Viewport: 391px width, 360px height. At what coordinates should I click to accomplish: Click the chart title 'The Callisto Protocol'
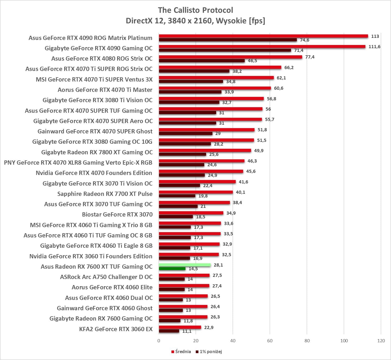tap(195, 10)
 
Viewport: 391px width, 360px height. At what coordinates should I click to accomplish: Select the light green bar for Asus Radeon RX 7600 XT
tap(185, 265)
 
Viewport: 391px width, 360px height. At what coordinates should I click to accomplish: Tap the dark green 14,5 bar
tap(172, 269)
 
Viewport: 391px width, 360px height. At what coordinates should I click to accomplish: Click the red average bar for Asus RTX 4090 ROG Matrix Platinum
tap(263, 36)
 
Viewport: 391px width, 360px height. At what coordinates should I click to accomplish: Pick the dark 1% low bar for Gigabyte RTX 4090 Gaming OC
tap(225, 50)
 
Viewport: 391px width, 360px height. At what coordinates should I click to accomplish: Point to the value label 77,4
tap(310, 57)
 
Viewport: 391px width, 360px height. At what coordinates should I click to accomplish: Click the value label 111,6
tap(374, 47)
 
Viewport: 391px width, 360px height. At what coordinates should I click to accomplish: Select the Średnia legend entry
tap(181, 352)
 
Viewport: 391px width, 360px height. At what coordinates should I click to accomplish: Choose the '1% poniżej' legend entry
tap(209, 352)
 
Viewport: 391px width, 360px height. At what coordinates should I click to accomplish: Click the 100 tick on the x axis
tap(344, 341)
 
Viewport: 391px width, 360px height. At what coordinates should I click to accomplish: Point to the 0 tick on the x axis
tap(159, 341)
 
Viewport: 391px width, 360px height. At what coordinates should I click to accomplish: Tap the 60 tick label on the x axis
tap(270, 341)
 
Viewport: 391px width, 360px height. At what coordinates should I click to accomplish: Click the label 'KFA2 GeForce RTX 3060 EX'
tap(116, 329)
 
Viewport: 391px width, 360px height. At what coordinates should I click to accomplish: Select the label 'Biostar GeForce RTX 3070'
tap(117, 214)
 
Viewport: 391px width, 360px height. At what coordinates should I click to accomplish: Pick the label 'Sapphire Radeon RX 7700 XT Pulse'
tap(105, 194)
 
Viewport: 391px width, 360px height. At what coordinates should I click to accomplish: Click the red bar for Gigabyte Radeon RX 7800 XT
tap(205, 151)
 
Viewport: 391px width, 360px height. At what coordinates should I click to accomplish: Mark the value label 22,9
tap(209, 327)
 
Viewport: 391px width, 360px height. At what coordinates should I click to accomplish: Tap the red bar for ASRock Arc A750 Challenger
tap(184, 275)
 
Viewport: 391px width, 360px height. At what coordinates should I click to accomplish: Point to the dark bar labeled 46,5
tap(202, 61)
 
